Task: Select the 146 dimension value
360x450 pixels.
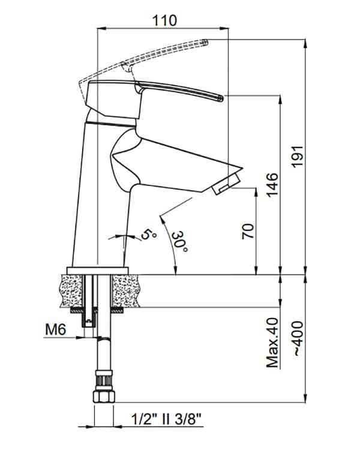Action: [272, 185]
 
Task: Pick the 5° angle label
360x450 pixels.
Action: [147, 233]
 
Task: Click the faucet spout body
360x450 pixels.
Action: [174, 162]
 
